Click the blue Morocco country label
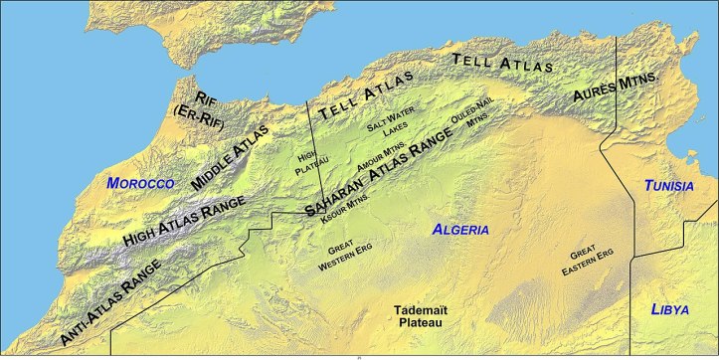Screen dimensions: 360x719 [x=140, y=184]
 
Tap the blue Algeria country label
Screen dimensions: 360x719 [x=460, y=230]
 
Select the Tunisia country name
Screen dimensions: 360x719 [x=668, y=186]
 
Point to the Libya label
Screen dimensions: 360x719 [x=669, y=310]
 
